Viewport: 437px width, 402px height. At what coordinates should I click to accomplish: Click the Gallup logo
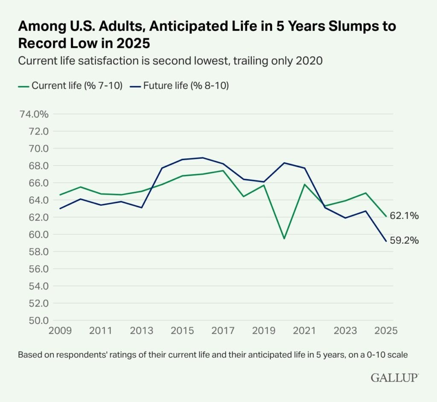click(394, 377)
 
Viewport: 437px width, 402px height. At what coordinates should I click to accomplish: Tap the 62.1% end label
click(404, 216)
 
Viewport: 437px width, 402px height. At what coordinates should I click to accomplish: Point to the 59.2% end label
click(404, 241)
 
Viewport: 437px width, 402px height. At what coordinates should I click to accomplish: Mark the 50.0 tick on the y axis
click(37, 320)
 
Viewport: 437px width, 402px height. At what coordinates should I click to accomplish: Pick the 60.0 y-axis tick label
click(37, 234)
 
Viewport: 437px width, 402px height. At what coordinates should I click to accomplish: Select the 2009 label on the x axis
click(59, 331)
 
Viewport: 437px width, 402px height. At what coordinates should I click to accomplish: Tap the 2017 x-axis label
click(223, 331)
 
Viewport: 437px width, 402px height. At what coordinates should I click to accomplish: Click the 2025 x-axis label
click(386, 331)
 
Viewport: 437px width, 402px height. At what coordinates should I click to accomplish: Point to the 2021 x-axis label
click(304, 331)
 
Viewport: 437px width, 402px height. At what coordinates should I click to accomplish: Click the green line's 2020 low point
click(284, 239)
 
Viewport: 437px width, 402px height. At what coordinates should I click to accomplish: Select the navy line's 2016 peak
click(202, 158)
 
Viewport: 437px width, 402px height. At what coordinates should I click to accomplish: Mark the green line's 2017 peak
click(223, 171)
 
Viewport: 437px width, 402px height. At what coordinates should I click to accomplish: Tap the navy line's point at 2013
click(141, 207)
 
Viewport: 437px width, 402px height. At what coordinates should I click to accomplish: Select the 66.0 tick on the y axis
click(37, 183)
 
